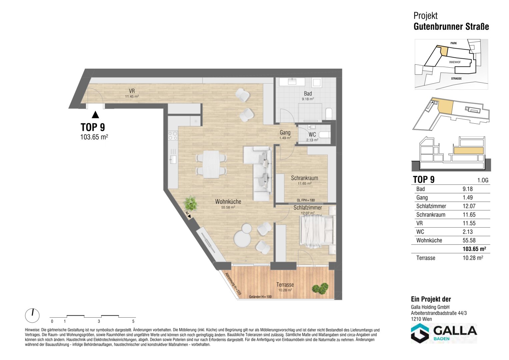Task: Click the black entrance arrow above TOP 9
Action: (95, 115)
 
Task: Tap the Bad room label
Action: (308, 93)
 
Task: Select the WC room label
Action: (312, 135)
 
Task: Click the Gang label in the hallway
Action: (285, 132)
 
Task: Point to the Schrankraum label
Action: (304, 178)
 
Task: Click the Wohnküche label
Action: (228, 202)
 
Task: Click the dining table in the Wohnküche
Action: (211, 164)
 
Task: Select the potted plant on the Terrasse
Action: (320, 289)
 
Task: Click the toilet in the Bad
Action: (329, 114)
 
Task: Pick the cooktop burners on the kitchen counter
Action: (173, 136)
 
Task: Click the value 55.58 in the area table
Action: (469, 240)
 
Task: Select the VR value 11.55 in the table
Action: (469, 223)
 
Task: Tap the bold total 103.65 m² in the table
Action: (474, 249)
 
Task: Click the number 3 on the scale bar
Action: (99, 321)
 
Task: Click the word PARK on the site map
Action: (454, 43)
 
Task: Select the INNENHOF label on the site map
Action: (455, 62)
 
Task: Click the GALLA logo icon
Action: (420, 333)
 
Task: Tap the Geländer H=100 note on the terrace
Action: (260, 297)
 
